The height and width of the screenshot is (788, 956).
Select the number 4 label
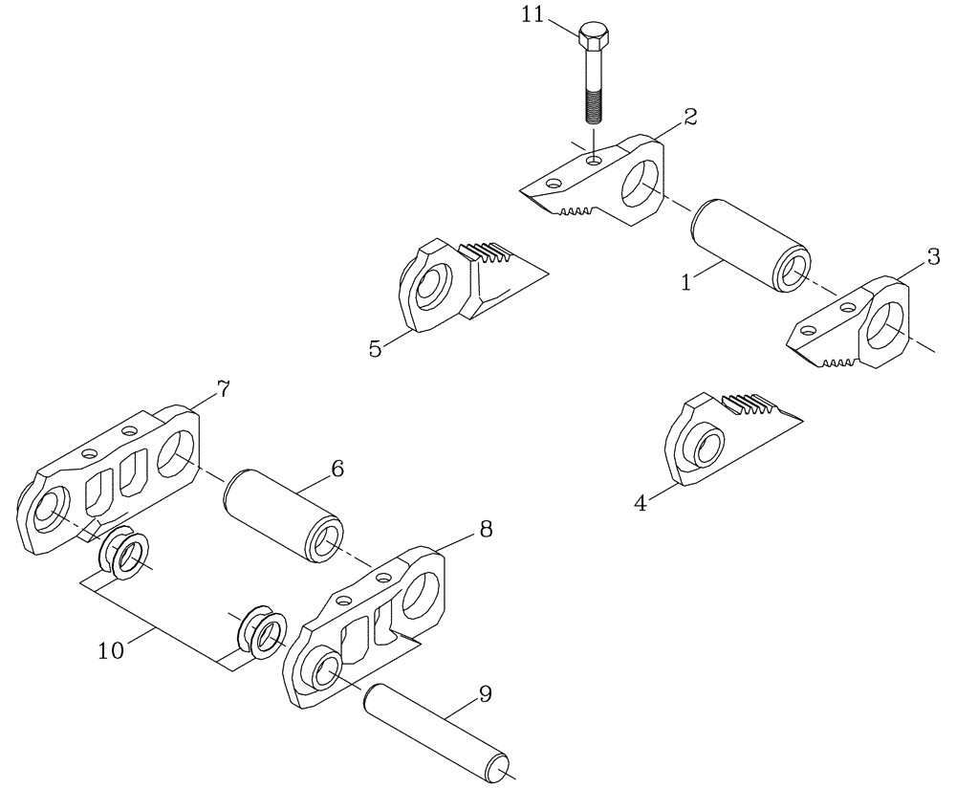641,503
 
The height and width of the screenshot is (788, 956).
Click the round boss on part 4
706,448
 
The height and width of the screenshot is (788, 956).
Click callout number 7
223,389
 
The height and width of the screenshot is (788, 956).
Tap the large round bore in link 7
178,452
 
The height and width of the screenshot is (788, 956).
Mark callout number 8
486,529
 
